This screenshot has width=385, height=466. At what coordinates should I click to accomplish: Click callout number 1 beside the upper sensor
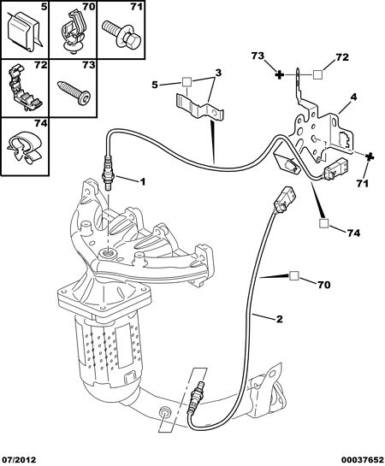click(x=143, y=181)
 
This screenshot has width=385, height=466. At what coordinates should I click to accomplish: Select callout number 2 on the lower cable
click(x=279, y=319)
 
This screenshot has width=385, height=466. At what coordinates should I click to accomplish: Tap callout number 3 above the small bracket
click(x=218, y=73)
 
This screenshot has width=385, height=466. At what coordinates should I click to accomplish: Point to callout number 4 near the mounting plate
click(x=353, y=97)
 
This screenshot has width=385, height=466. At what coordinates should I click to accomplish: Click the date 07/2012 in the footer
click(x=18, y=460)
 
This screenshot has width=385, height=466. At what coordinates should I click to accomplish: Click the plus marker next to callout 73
click(x=279, y=74)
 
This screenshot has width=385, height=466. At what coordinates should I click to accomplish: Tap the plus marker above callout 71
click(x=370, y=157)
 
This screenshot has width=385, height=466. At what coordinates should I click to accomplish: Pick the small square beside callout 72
click(x=317, y=74)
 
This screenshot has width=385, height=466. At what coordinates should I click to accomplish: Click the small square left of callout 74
click(x=323, y=223)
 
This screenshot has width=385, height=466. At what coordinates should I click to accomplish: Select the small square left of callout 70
click(x=294, y=276)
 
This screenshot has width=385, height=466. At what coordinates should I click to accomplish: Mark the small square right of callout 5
click(x=187, y=82)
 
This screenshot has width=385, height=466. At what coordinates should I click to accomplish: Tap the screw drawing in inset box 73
click(x=74, y=91)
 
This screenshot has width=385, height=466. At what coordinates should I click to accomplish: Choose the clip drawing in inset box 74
click(x=24, y=146)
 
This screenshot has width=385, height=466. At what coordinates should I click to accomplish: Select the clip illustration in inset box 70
click(x=73, y=32)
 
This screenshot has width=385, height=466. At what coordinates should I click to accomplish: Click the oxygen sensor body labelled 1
click(x=107, y=173)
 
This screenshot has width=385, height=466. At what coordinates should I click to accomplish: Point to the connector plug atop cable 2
click(x=284, y=200)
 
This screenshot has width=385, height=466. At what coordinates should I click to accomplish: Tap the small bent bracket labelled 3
click(x=199, y=108)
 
